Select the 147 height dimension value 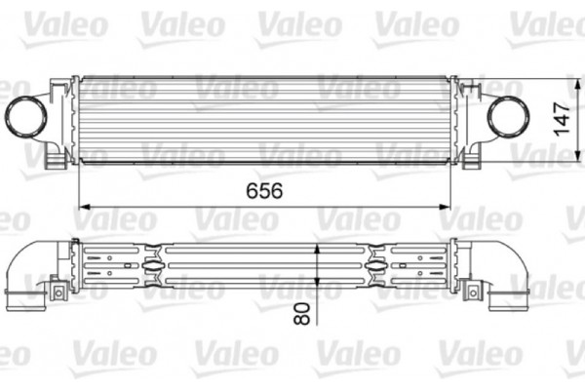coord(562,118)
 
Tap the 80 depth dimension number coord(302,313)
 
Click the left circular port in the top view coord(26,117)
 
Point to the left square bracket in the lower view coord(58,291)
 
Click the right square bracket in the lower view coord(474,291)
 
